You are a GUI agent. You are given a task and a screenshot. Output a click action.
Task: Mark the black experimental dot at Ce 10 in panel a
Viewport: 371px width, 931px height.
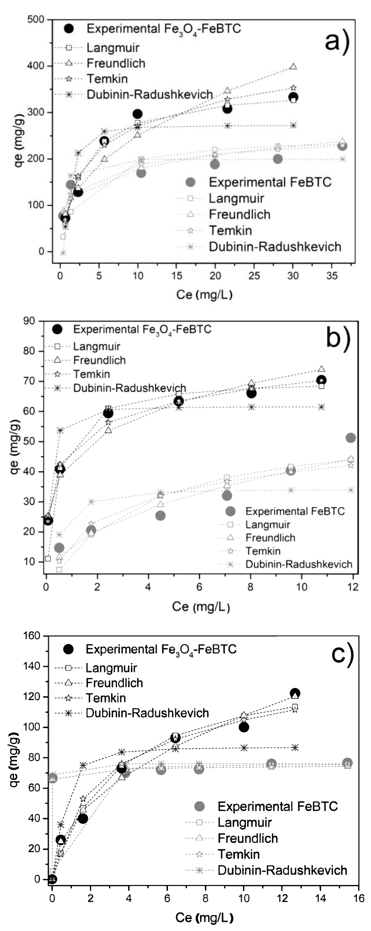(137, 114)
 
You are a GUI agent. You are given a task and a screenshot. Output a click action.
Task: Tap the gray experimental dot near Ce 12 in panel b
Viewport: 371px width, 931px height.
(350, 438)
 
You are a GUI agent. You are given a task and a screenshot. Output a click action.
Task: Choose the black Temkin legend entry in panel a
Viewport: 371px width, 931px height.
(107, 79)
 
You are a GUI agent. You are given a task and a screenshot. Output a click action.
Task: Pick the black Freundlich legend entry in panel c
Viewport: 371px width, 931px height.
(114, 683)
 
